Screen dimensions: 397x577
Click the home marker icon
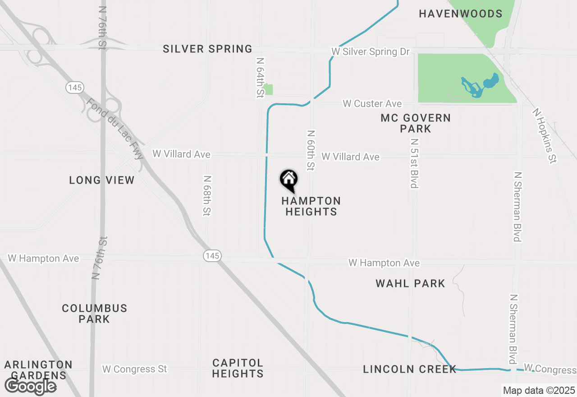[288, 180]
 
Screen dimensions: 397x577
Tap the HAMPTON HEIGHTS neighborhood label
[311, 206]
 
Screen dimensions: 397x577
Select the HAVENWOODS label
[460, 14]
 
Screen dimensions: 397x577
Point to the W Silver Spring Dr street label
[371, 52]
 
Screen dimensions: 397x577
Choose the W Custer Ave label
[372, 104]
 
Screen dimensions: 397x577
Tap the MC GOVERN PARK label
[415, 123]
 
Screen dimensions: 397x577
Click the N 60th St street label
[310, 151]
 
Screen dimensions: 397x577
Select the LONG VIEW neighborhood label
[102, 180]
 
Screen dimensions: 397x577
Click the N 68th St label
[207, 196]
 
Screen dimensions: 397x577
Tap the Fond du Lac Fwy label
[115, 129]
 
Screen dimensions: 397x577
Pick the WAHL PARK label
[410, 284]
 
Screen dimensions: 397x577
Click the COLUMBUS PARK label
[95, 314]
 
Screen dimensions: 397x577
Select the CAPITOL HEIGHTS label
[238, 368]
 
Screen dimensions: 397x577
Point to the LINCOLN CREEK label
[410, 369]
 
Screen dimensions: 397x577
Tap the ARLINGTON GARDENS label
[38, 369]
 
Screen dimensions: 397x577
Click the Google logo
[30, 386]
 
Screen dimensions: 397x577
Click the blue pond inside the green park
[490, 82]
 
